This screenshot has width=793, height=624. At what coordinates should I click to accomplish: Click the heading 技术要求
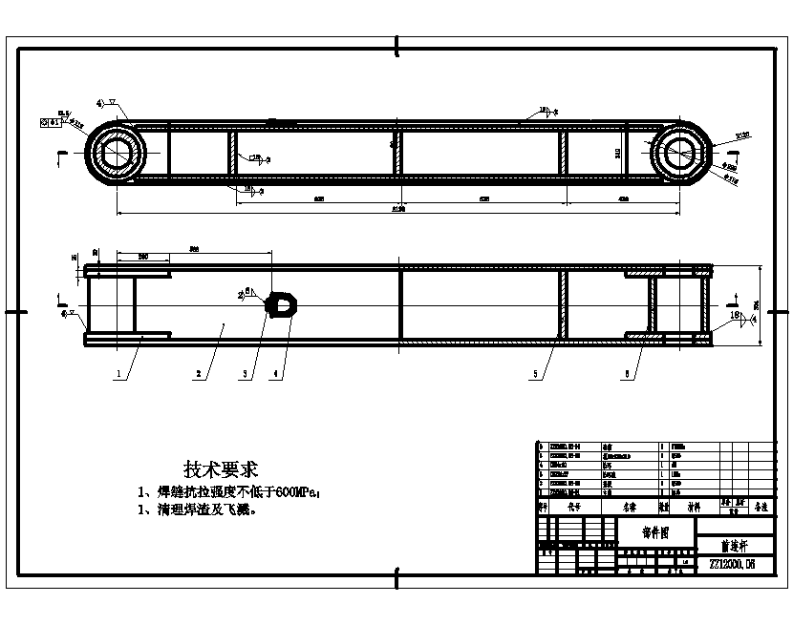[221, 469]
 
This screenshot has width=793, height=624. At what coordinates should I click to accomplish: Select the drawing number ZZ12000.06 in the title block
[732, 564]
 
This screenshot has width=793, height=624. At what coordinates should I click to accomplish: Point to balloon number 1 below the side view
[120, 375]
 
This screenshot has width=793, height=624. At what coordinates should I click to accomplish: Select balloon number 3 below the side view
[246, 375]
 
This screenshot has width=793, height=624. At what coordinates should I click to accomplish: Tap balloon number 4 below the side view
[276, 375]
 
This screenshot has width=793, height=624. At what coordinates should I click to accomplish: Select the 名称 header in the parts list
[630, 508]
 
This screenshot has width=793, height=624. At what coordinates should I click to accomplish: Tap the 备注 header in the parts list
[761, 508]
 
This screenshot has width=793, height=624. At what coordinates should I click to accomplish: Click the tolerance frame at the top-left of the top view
[51, 122]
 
